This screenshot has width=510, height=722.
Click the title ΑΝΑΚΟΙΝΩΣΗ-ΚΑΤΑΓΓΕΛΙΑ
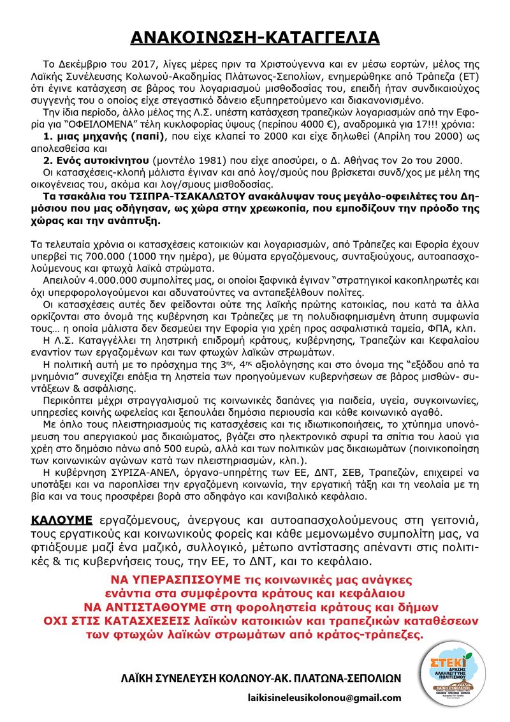(255, 38)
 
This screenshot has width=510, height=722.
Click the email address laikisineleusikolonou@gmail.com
(324, 698)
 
